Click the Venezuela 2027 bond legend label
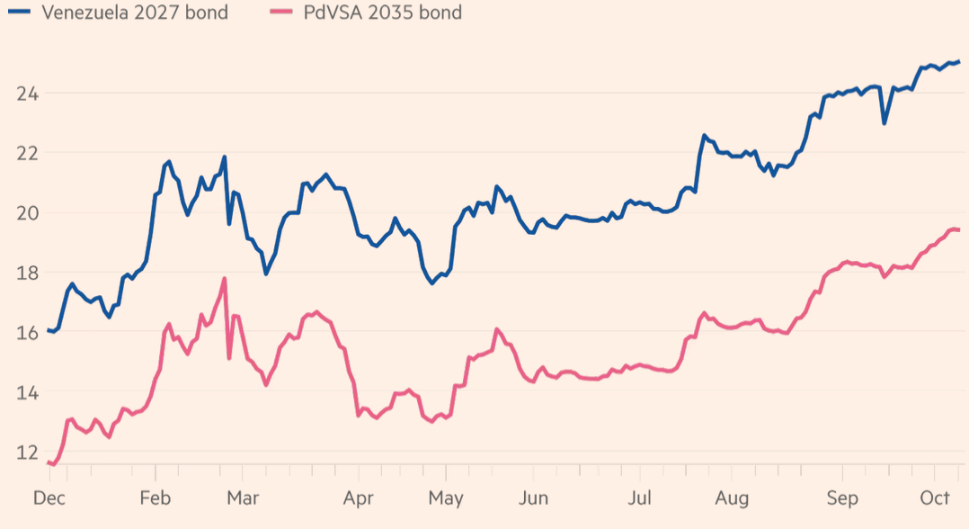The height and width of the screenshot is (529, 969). click(128, 13)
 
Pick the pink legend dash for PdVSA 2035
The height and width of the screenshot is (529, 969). click(278, 13)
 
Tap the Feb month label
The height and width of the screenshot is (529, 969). click(156, 498)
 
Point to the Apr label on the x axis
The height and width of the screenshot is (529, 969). click(359, 498)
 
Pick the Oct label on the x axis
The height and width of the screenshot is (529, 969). click(935, 498)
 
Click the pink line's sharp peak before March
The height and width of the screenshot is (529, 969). click(224, 279)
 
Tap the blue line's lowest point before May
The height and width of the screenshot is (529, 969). click(432, 282)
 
